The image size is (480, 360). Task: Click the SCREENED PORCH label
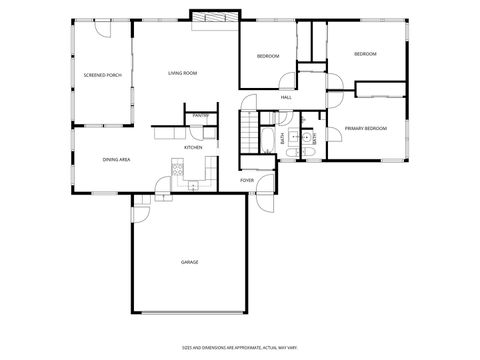102,75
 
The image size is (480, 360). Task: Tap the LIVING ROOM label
182,73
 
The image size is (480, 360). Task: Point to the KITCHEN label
193,148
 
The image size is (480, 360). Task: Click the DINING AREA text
117,159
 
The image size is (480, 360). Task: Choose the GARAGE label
189,262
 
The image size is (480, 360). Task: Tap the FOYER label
247,180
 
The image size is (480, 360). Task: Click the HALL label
287,97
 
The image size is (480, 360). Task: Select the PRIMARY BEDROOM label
366,129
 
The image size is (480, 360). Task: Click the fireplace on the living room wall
215,18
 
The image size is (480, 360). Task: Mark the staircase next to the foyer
247,132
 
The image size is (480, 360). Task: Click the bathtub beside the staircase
269,139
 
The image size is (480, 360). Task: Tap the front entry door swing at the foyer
264,196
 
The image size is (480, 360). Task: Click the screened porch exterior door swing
101,31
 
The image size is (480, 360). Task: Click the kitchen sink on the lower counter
194,183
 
